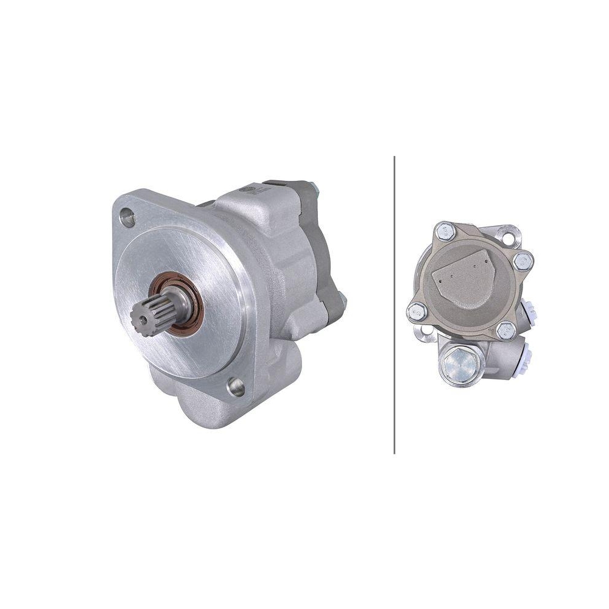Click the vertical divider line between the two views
[x=395, y=304]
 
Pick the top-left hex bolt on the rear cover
[x=444, y=231]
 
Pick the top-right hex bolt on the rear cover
[x=523, y=261]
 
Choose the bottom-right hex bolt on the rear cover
[x=505, y=331]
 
